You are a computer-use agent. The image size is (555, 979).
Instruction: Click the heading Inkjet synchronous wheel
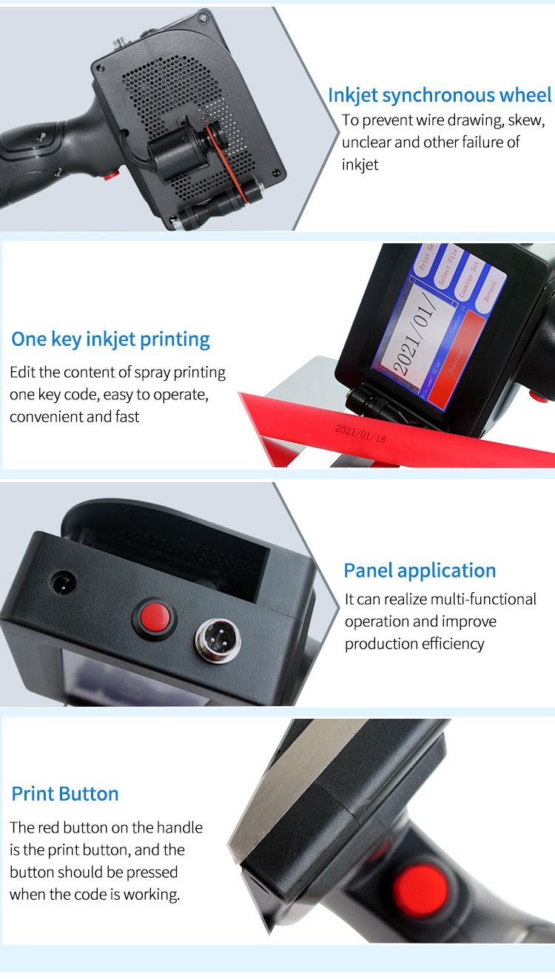pos(440,95)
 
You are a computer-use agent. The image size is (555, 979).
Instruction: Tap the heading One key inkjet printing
pos(111,339)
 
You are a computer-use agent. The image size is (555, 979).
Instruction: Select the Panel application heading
pos(420,571)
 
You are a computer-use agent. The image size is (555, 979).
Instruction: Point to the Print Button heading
pos(65,794)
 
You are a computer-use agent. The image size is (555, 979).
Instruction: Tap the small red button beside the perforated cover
pos(111,175)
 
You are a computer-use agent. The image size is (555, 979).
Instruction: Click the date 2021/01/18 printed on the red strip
pos(360,433)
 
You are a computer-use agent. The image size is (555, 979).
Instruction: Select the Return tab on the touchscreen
pos(491,285)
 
